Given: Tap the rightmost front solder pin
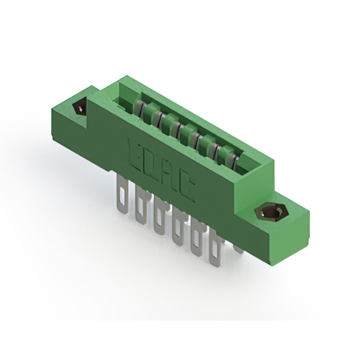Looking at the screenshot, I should [214, 250].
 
